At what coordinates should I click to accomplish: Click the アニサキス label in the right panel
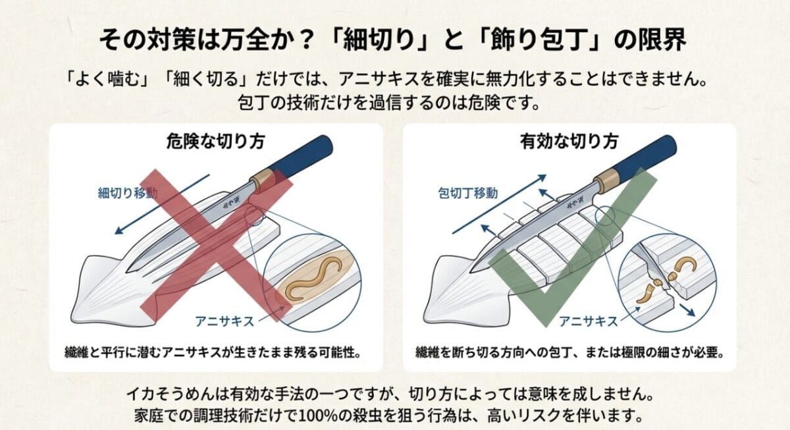(589, 321)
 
